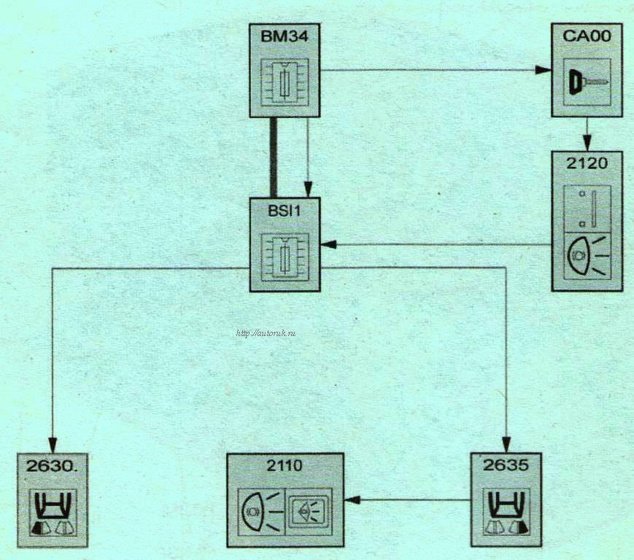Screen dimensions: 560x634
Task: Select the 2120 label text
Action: click(587, 163)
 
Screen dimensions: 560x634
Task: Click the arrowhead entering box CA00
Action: click(542, 71)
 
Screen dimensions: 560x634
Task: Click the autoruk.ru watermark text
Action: click(266, 334)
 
